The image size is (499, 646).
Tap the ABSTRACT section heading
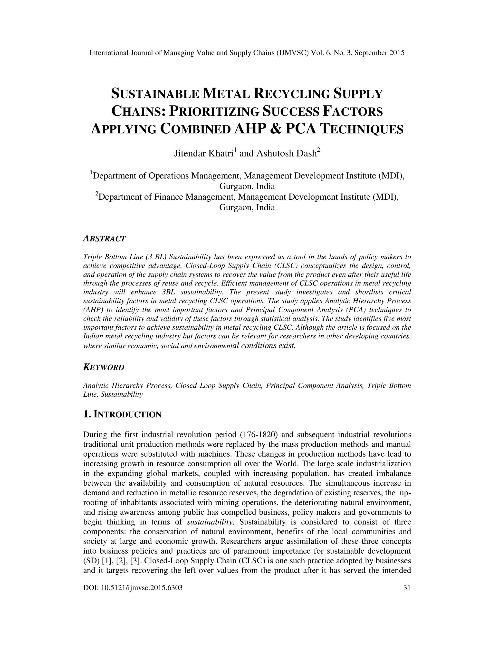click(104, 239)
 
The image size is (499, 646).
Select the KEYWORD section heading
click(104, 368)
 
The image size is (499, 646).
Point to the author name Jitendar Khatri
click(203, 154)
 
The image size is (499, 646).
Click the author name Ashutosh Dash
click(287, 154)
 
